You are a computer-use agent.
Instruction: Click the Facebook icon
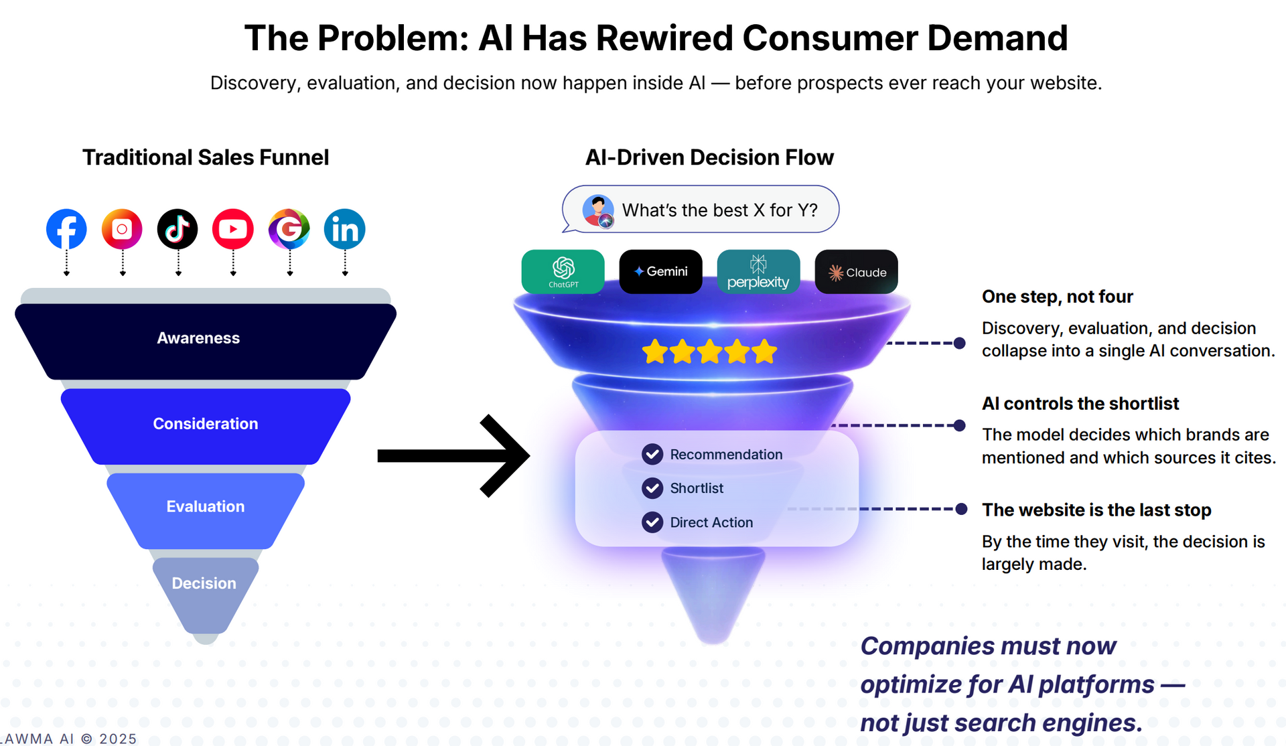(66, 229)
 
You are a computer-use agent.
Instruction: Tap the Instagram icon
(122, 229)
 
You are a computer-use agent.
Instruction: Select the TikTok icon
(177, 229)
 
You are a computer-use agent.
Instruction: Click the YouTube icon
(233, 229)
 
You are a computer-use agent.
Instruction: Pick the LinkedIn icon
(345, 229)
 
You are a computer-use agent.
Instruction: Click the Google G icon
(289, 229)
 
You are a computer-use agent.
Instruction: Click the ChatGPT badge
(563, 271)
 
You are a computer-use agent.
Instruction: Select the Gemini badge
(661, 271)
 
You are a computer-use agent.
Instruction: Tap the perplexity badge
(759, 271)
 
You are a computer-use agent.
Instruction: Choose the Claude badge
(857, 271)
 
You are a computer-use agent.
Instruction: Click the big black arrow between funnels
(453, 456)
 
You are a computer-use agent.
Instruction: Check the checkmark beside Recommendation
(652, 454)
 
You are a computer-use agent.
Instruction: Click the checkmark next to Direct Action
(652, 522)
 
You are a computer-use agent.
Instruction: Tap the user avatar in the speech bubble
(598, 211)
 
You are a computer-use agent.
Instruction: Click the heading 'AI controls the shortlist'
(1080, 404)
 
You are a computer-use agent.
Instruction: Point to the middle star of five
(709, 351)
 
